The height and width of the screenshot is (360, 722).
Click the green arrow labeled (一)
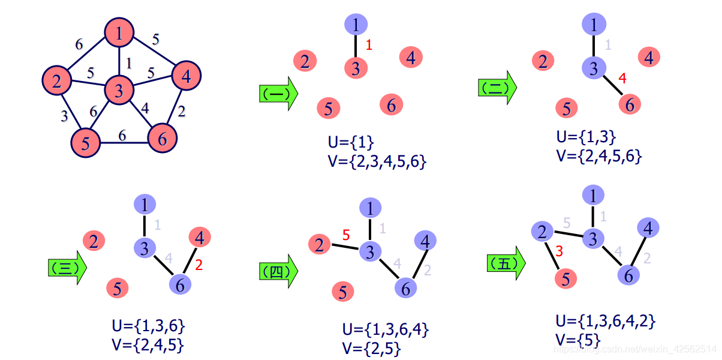(x=278, y=94)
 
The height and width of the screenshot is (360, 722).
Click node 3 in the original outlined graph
(x=119, y=91)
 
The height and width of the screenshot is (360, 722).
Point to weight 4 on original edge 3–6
(x=145, y=109)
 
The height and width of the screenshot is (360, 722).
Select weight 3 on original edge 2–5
(x=64, y=116)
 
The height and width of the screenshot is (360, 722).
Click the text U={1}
(x=351, y=143)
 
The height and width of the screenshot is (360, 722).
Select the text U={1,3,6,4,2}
(x=606, y=320)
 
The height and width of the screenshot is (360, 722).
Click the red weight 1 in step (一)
(x=369, y=45)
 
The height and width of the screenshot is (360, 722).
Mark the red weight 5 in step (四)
(x=346, y=236)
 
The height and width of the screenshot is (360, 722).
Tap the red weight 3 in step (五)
(x=559, y=251)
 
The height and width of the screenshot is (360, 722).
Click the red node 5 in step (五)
(x=565, y=279)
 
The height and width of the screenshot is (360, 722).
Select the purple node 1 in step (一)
(x=356, y=25)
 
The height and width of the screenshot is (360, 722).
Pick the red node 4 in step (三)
(x=200, y=238)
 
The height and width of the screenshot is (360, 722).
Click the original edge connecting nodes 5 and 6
(x=124, y=143)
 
